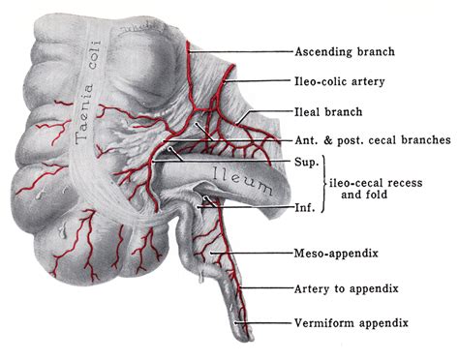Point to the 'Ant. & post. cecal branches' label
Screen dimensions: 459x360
pos(372,139)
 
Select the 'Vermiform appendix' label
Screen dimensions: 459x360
pos(352,320)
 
